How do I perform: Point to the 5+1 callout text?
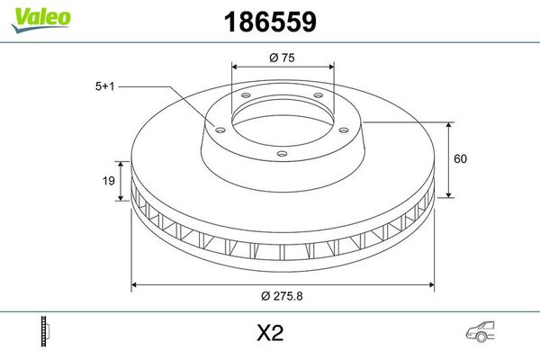pos(105,86)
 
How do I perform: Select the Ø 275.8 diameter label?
pos(283,298)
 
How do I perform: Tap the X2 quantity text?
pos(270,334)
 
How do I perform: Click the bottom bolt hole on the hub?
pos(281,154)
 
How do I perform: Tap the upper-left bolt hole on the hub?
pos(246,96)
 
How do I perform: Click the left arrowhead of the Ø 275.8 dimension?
pos(136,286)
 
